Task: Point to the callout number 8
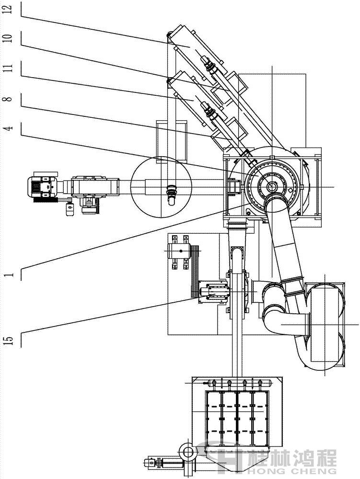tap(10, 100)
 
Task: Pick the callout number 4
tap(10, 128)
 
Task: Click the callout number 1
tap(10, 274)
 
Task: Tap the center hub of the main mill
tap(272, 186)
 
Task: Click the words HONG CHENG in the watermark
tap(292, 470)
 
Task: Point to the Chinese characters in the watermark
tap(292, 456)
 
